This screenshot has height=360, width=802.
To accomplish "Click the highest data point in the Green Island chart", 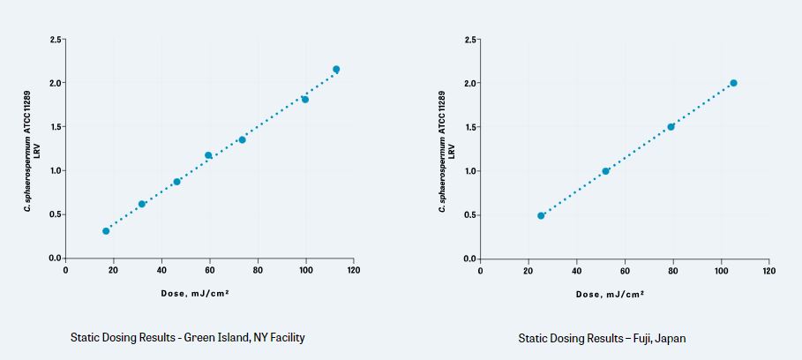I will (x=336, y=69).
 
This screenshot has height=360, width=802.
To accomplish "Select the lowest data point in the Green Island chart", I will (x=106, y=231).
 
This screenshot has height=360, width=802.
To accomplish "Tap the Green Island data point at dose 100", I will (x=305, y=99).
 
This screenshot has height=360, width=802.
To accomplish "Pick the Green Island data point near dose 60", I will (x=208, y=155).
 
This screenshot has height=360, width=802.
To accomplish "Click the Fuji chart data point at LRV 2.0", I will (x=733, y=83).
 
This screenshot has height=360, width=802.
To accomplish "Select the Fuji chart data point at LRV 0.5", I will (x=541, y=215).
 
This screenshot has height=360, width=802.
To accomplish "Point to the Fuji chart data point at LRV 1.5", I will (x=671, y=127).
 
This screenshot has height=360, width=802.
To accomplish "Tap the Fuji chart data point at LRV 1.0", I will (x=605, y=171).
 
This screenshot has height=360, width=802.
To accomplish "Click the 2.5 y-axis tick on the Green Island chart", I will (x=56, y=40).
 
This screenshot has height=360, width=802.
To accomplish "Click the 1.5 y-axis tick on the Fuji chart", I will (x=470, y=127).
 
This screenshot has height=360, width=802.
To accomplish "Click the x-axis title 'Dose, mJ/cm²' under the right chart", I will (x=611, y=294).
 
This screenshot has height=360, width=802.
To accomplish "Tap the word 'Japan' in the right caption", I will (x=670, y=337).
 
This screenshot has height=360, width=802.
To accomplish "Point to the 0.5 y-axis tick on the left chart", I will (x=56, y=214).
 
